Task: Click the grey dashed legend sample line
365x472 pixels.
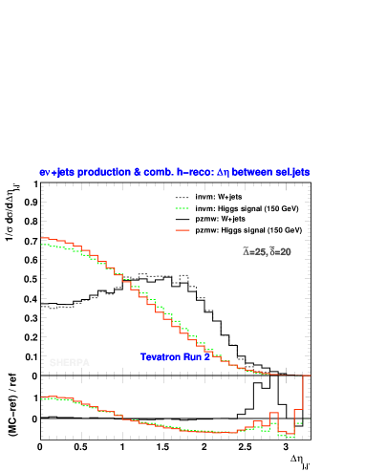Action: [x=182, y=199]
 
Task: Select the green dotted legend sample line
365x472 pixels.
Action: [x=182, y=208]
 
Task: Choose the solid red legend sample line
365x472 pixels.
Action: [x=182, y=230]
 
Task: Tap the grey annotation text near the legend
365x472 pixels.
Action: [x=267, y=252]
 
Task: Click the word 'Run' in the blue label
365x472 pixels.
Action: [x=196, y=357]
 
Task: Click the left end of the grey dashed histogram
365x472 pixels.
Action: [x=43, y=307]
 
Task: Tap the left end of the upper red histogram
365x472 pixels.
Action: [x=43, y=238]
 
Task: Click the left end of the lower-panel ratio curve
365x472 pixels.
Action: [x=43, y=397]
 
